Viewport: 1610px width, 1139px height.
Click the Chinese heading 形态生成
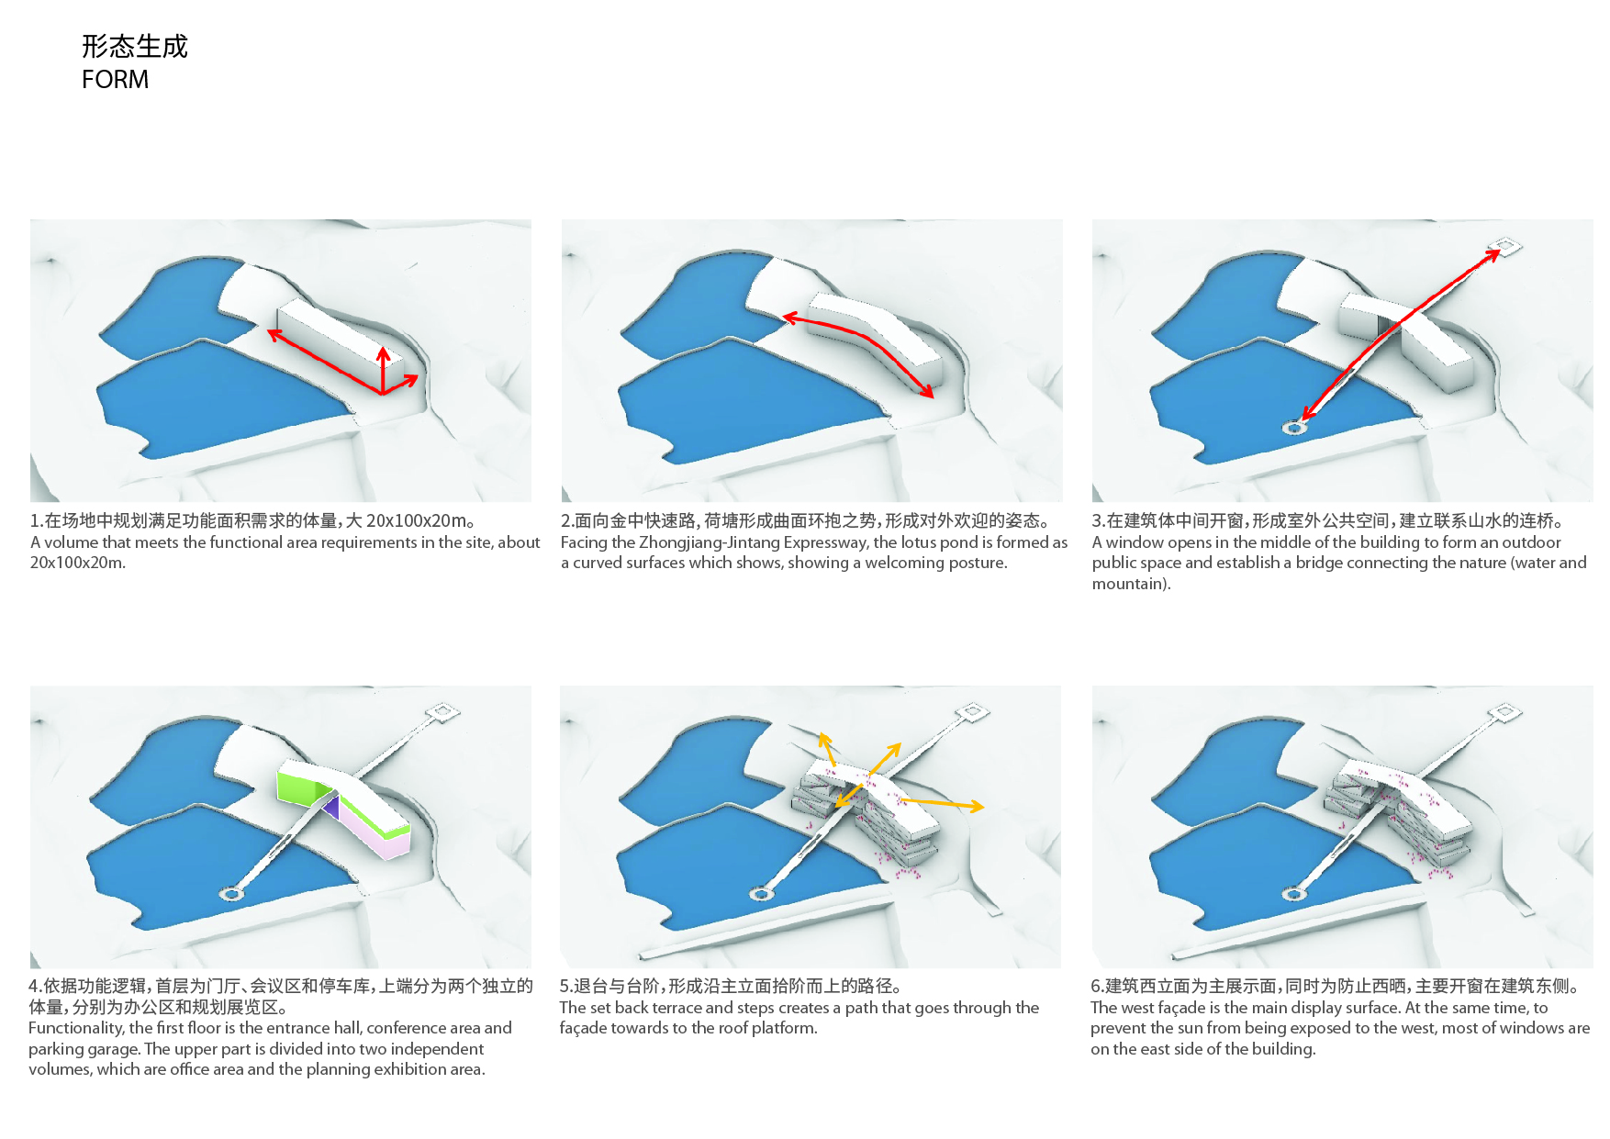tap(134, 46)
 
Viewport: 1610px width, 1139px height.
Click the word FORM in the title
tap(115, 80)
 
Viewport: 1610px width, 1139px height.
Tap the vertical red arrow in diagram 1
tap(383, 369)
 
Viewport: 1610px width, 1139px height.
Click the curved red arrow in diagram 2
tap(858, 344)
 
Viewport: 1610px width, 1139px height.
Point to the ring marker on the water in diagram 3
tap(1294, 428)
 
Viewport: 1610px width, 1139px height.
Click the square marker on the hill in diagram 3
tap(1504, 246)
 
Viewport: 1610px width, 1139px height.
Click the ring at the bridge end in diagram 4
tap(230, 894)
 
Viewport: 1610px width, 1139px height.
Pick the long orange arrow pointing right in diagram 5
tap(942, 804)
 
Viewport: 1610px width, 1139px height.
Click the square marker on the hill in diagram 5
tap(972, 711)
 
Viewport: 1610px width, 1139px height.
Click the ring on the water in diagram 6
tap(1293, 892)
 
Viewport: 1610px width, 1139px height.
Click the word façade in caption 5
tap(584, 1029)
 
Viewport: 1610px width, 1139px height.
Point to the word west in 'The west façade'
tap(1136, 1008)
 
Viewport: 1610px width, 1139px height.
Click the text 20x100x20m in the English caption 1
tap(77, 563)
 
